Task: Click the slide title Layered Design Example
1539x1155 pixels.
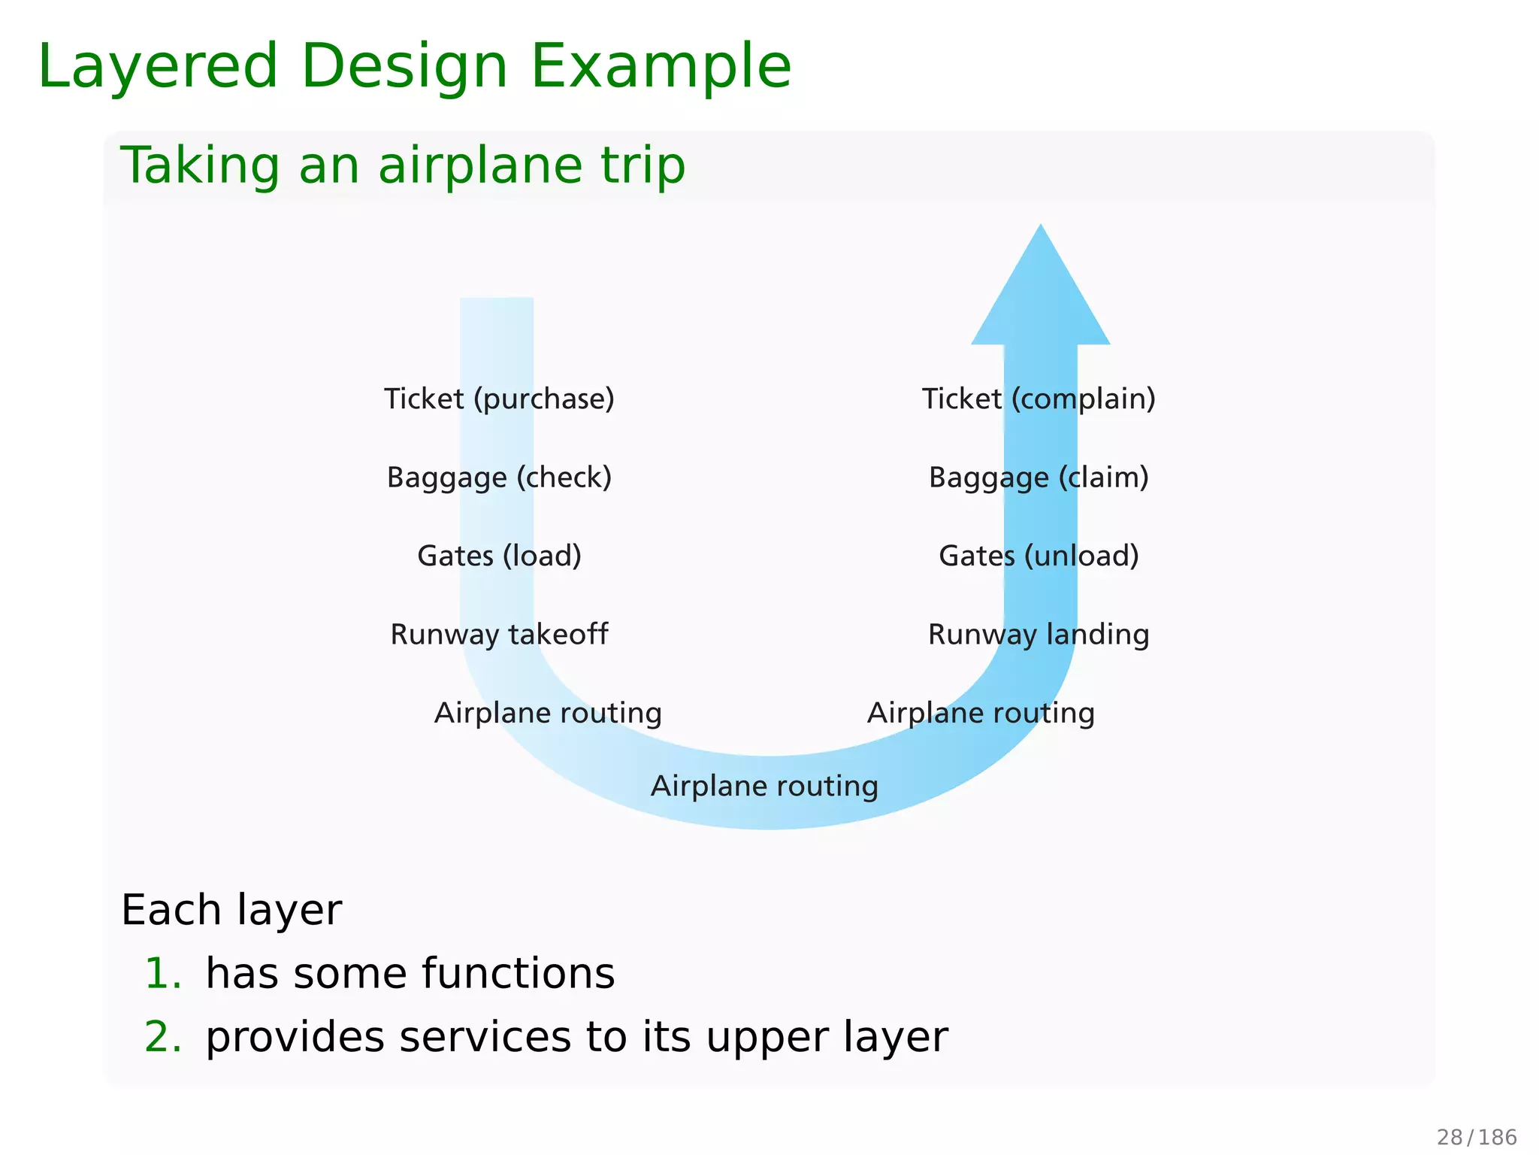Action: tap(414, 66)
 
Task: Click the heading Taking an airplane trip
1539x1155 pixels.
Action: tap(403, 165)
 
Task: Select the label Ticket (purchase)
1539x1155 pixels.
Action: tap(499, 399)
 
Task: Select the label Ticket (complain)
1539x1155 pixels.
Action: tap(1039, 399)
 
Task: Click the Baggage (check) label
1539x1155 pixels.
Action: tap(499, 477)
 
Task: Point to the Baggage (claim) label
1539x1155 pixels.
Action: tap(1039, 477)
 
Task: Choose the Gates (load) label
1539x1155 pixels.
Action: tap(499, 556)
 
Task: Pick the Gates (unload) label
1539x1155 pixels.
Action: tap(1039, 556)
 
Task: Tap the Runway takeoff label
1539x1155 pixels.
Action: tap(499, 635)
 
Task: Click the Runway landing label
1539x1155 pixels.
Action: tap(1039, 635)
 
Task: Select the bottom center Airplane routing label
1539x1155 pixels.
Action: tap(764, 787)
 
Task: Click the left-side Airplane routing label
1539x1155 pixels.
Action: tap(548, 713)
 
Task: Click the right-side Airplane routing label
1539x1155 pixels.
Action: tap(981, 713)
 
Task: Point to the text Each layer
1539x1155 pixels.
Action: tap(231, 911)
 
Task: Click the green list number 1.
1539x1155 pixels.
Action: tap(162, 974)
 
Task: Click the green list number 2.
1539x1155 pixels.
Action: tap(162, 1037)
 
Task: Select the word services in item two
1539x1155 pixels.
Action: tap(485, 1037)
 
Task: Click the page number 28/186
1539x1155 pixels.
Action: tap(1477, 1137)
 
